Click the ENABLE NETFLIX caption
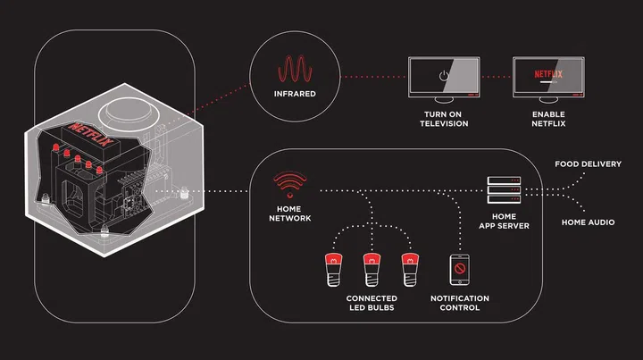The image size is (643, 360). (x=547, y=120)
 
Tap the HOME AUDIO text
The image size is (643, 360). (x=588, y=221)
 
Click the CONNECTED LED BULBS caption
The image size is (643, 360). (x=372, y=302)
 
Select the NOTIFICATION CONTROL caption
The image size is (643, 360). (x=460, y=302)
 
